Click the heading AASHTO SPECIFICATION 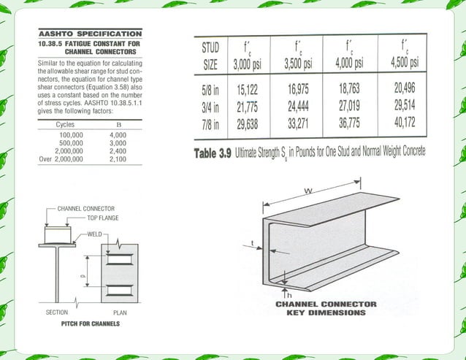[90, 34]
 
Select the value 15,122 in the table [246, 92]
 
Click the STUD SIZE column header [210, 55]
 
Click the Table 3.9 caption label [212, 153]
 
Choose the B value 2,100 [118, 158]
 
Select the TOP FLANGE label [102, 218]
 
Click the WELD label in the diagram [95, 234]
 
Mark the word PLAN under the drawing [121, 313]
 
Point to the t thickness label [252, 243]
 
